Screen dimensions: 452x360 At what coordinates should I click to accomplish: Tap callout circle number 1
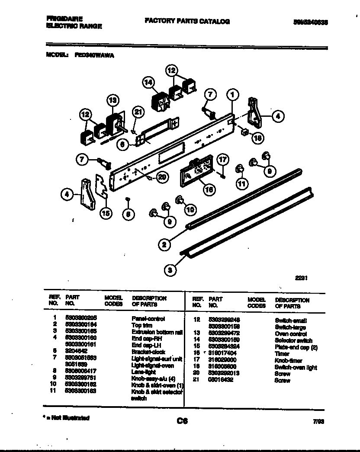tap(233, 94)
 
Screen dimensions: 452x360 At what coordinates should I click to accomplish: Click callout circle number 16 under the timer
tap(209, 189)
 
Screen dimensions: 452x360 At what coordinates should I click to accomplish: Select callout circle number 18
tap(257, 138)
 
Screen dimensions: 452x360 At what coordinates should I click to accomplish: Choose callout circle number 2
tap(164, 245)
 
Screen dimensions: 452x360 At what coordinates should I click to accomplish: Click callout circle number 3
tap(170, 270)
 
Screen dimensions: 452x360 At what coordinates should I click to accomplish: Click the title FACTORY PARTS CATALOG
tap(186, 21)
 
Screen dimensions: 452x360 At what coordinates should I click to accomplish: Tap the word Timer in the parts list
tap(282, 353)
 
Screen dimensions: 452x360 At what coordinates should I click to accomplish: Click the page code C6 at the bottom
tap(182, 420)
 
